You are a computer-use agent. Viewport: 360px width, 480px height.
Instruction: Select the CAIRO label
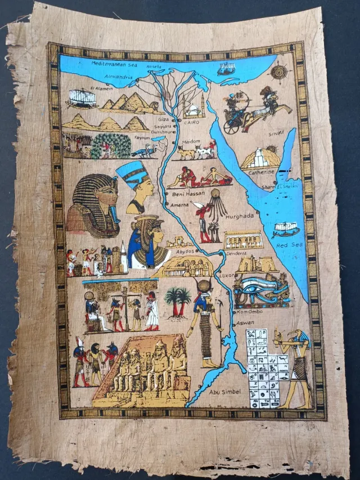coord(192,120)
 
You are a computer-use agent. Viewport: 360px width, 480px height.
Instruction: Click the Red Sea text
coord(289,245)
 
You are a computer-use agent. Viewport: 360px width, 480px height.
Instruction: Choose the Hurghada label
coord(240,216)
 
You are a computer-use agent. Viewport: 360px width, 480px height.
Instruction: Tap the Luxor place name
coord(226,275)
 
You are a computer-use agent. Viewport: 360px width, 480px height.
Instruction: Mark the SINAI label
coord(275,132)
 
